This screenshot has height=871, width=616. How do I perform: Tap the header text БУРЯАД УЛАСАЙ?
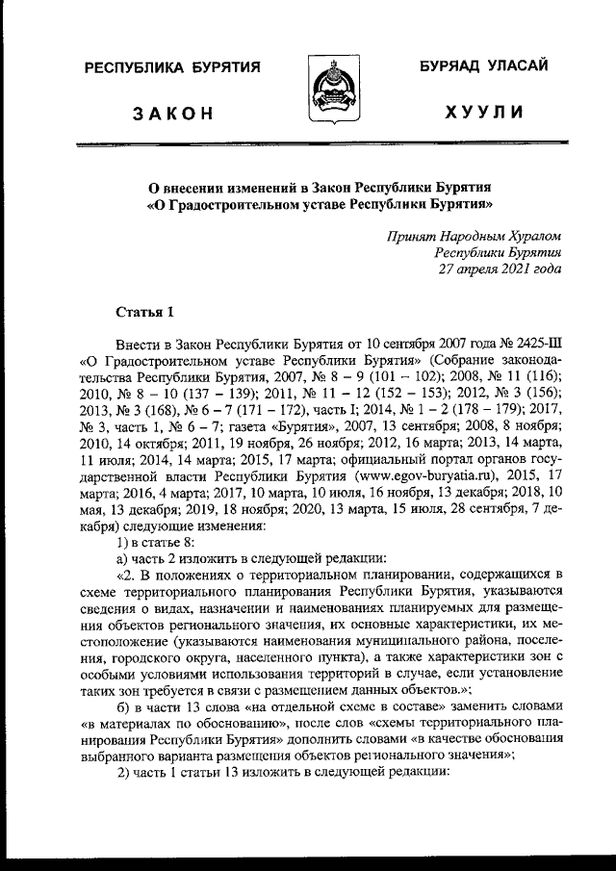pyautogui.click(x=482, y=66)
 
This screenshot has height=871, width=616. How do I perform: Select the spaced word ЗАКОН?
pyautogui.click(x=172, y=114)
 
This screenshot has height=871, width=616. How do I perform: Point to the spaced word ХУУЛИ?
pyautogui.click(x=484, y=114)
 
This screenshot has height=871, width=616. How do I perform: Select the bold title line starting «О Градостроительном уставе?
pyautogui.click(x=319, y=204)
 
